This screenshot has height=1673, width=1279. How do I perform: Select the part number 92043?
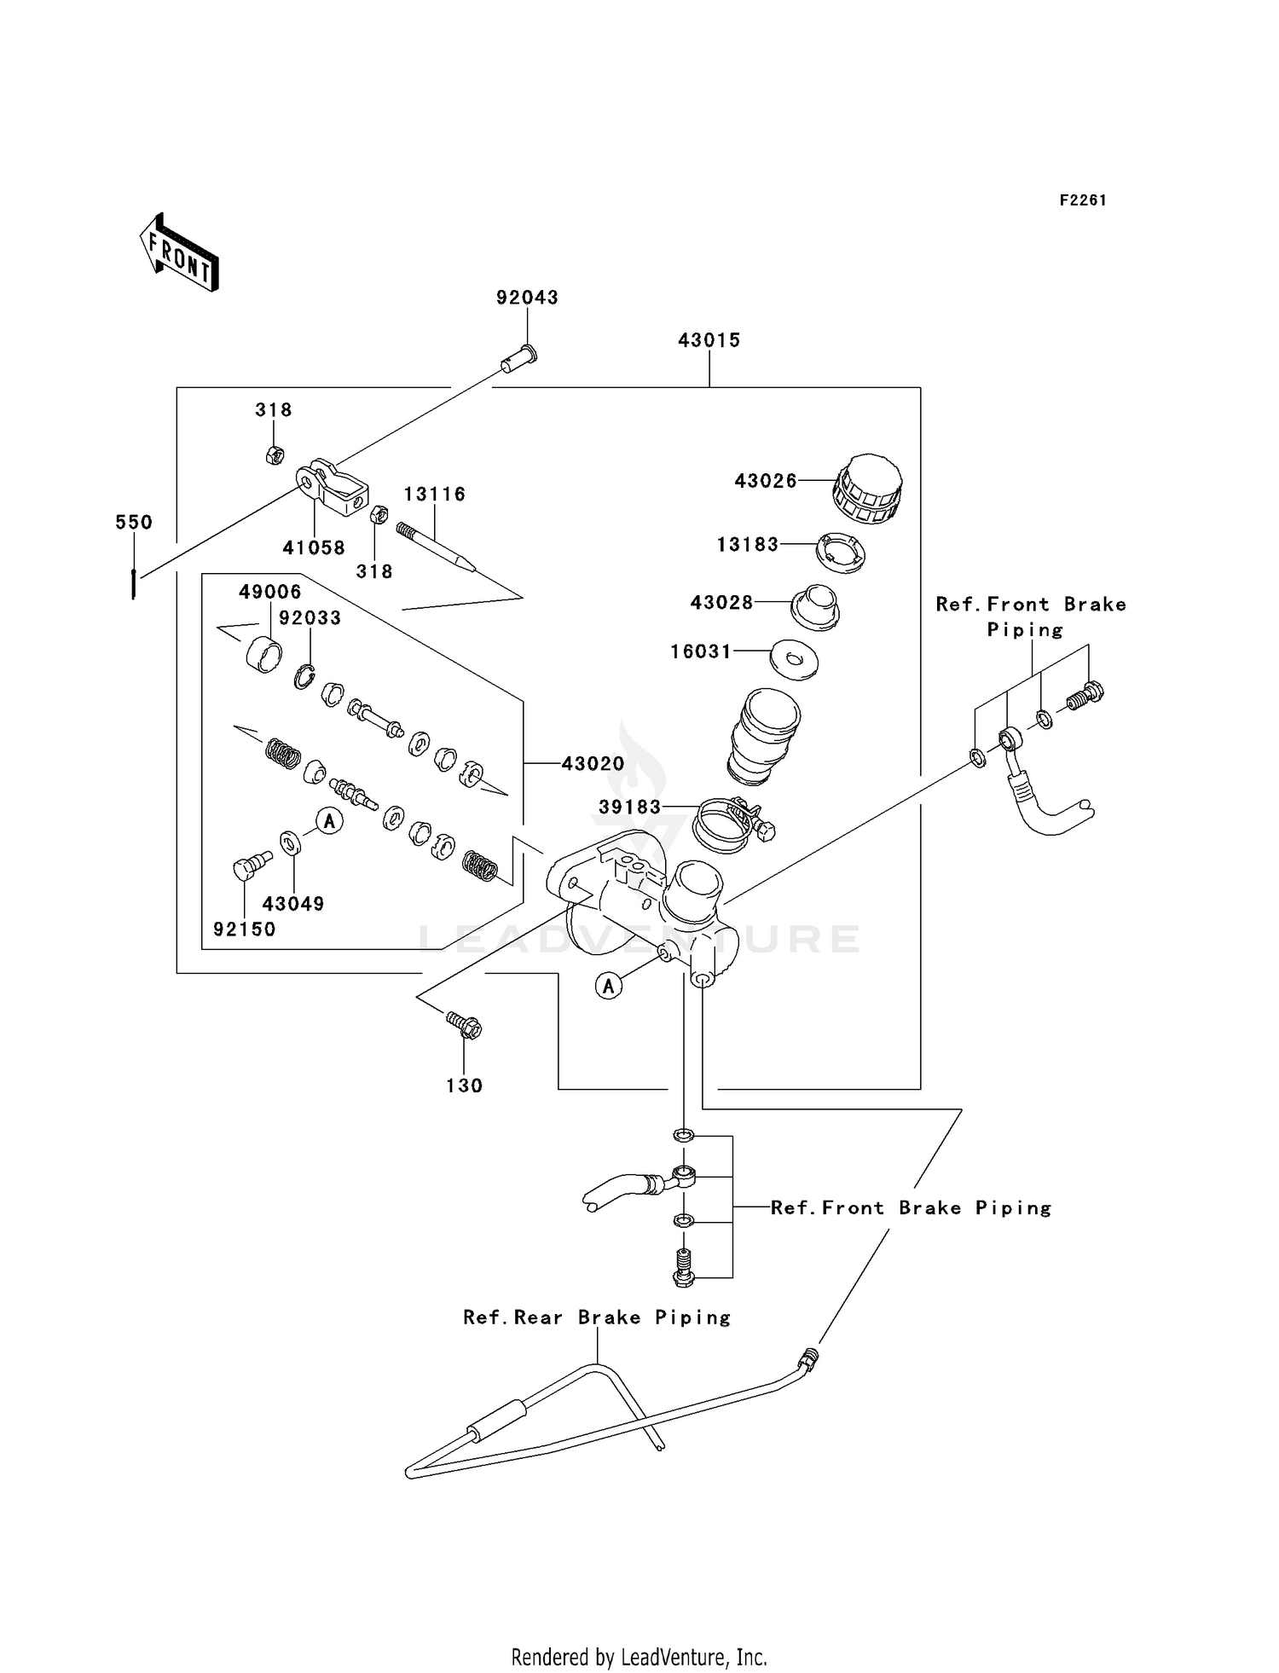click(x=527, y=298)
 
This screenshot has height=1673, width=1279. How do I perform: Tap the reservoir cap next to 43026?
click(x=866, y=489)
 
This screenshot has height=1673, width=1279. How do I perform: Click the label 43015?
click(x=709, y=340)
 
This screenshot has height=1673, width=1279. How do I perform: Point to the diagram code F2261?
click(x=1083, y=200)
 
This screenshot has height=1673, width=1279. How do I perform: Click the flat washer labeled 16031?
click(x=793, y=658)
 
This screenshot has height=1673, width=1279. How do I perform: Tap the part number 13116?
click(x=434, y=495)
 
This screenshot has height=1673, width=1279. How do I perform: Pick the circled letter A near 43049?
click(x=329, y=821)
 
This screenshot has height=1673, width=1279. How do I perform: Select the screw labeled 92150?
click(x=250, y=866)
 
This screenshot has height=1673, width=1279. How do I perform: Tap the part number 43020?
click(x=593, y=764)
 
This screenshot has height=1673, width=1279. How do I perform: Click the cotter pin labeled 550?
click(x=134, y=583)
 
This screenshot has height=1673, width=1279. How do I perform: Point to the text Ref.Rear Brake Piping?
click(x=597, y=1317)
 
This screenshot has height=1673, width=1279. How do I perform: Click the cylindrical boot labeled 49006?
click(x=263, y=655)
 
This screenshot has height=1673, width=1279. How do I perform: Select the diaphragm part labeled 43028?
click(x=814, y=607)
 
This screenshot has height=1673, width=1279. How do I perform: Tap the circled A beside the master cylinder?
click(x=608, y=987)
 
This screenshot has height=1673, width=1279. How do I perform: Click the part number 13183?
click(x=747, y=545)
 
